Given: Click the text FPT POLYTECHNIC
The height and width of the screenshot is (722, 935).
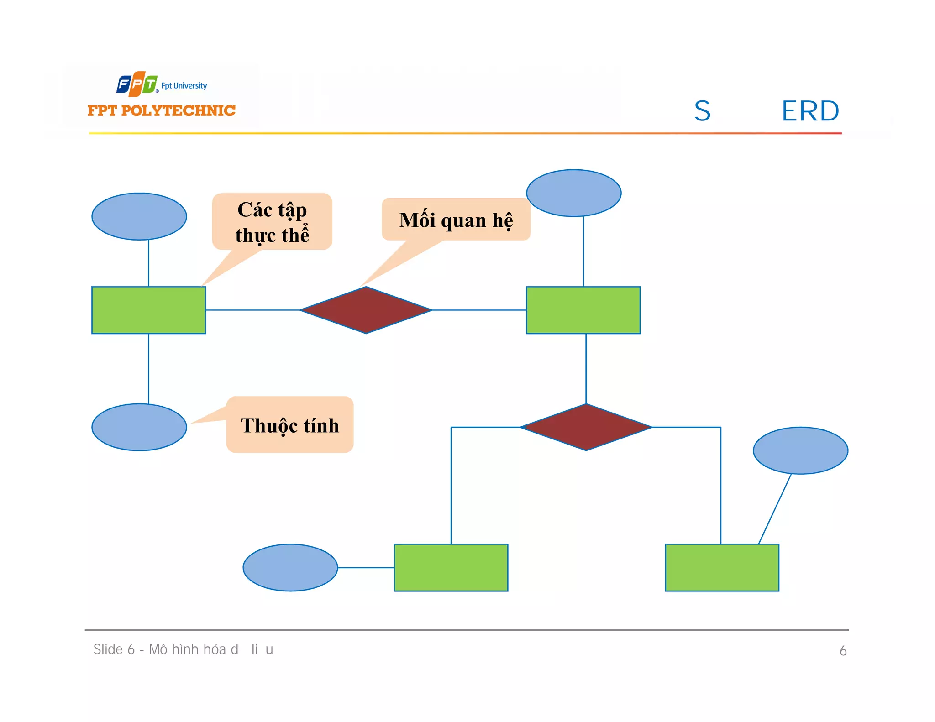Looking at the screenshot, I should click(x=161, y=110).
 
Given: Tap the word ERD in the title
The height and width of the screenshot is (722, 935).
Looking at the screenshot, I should click(x=810, y=111).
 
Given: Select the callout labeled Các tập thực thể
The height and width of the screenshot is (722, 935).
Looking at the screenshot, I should click(x=272, y=222).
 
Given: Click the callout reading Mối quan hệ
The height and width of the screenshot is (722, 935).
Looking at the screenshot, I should click(x=456, y=220).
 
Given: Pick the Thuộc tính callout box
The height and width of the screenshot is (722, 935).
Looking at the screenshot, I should click(x=290, y=425).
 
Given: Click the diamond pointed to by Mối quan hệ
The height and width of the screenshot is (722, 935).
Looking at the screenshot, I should click(x=366, y=310).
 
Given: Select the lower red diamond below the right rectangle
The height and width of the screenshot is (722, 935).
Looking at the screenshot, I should click(x=586, y=427).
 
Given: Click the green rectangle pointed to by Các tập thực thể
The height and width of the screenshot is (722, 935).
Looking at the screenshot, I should click(x=148, y=310).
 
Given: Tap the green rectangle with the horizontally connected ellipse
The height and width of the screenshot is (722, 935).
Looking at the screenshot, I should click(x=451, y=567).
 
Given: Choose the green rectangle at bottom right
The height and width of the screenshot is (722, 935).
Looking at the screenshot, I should click(x=722, y=567).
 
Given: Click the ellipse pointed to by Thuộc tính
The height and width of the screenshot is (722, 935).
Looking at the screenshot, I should click(x=139, y=427).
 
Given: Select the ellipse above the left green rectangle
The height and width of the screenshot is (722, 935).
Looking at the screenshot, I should click(x=139, y=216).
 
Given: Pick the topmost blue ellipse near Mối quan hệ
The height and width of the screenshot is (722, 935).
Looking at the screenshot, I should click(x=573, y=193).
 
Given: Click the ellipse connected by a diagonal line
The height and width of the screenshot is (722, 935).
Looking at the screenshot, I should click(x=800, y=450).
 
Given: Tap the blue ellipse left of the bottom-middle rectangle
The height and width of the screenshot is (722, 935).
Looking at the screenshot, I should click(x=290, y=567).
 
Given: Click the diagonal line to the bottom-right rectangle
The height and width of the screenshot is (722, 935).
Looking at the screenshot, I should click(x=775, y=509).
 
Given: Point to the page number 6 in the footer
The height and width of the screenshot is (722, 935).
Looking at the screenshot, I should click(x=843, y=651).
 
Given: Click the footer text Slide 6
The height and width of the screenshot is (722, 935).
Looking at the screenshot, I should click(x=114, y=649).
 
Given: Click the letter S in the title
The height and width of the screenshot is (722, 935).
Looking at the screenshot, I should click(x=702, y=111).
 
